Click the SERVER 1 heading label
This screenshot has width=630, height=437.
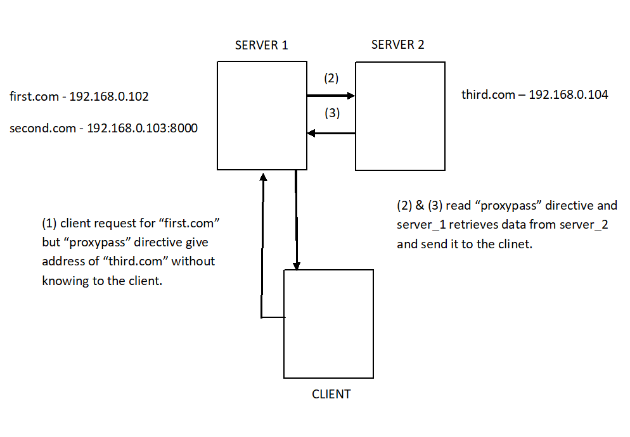pyautogui.click(x=261, y=45)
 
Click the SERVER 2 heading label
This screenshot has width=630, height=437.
pyautogui.click(x=397, y=44)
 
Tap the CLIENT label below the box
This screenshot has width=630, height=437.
pyautogui.click(x=331, y=394)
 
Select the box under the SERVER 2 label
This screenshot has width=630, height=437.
pyautogui.click(x=399, y=116)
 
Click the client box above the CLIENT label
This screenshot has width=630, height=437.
pyautogui.click(x=328, y=324)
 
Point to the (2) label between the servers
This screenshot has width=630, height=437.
pyautogui.click(x=331, y=79)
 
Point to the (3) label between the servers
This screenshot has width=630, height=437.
pyautogui.click(x=331, y=114)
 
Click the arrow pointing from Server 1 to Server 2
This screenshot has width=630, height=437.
pyautogui.click(x=330, y=96)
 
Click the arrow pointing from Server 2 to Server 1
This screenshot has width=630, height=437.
pyautogui.click(x=330, y=133)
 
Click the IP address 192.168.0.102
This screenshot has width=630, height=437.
pyautogui.click(x=108, y=97)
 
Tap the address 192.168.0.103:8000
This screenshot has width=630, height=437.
pyautogui.click(x=142, y=129)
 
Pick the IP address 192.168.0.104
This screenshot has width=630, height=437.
pyautogui.click(x=568, y=95)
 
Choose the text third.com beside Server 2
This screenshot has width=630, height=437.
pyautogui.click(x=489, y=95)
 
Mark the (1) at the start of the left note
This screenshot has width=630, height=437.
pyautogui.click(x=49, y=224)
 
